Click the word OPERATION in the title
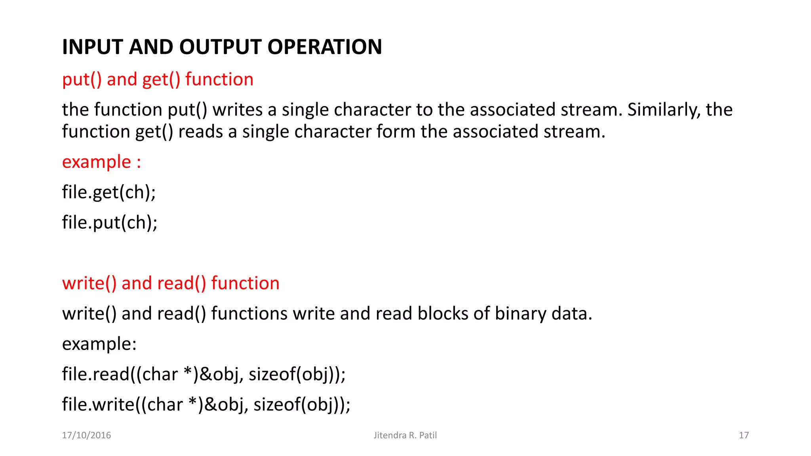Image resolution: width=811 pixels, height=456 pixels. tap(324, 47)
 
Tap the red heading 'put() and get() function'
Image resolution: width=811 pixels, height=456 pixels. tap(158, 79)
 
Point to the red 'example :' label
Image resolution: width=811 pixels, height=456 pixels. tap(101, 162)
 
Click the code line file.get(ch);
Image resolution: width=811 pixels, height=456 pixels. tap(109, 192)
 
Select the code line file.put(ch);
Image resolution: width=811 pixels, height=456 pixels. tap(110, 222)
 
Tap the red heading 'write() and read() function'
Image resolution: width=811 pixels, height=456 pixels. tap(171, 283)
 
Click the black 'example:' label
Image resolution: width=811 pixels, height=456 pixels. tap(99, 344)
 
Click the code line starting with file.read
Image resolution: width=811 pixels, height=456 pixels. tap(204, 374)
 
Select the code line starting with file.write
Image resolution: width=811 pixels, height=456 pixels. tap(206, 405)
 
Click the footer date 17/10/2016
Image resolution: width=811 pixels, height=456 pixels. tap(86, 435)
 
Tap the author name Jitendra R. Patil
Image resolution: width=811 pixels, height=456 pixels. tap(405, 435)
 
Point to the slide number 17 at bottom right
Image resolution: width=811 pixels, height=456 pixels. tap(744, 435)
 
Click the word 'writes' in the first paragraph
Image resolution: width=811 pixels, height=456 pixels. tap(237, 110)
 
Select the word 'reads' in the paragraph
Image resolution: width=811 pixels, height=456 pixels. tap(200, 131)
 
